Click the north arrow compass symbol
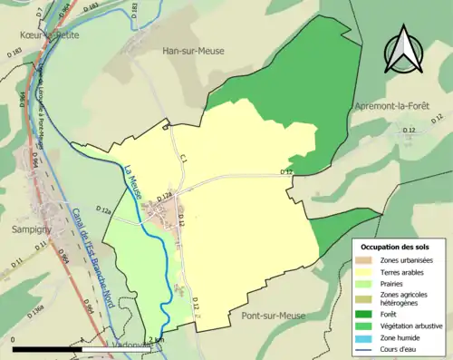pos(404,50)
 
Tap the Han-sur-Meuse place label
pos(194,52)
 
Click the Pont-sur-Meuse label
pos(273,316)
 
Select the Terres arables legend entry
pos(404,271)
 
